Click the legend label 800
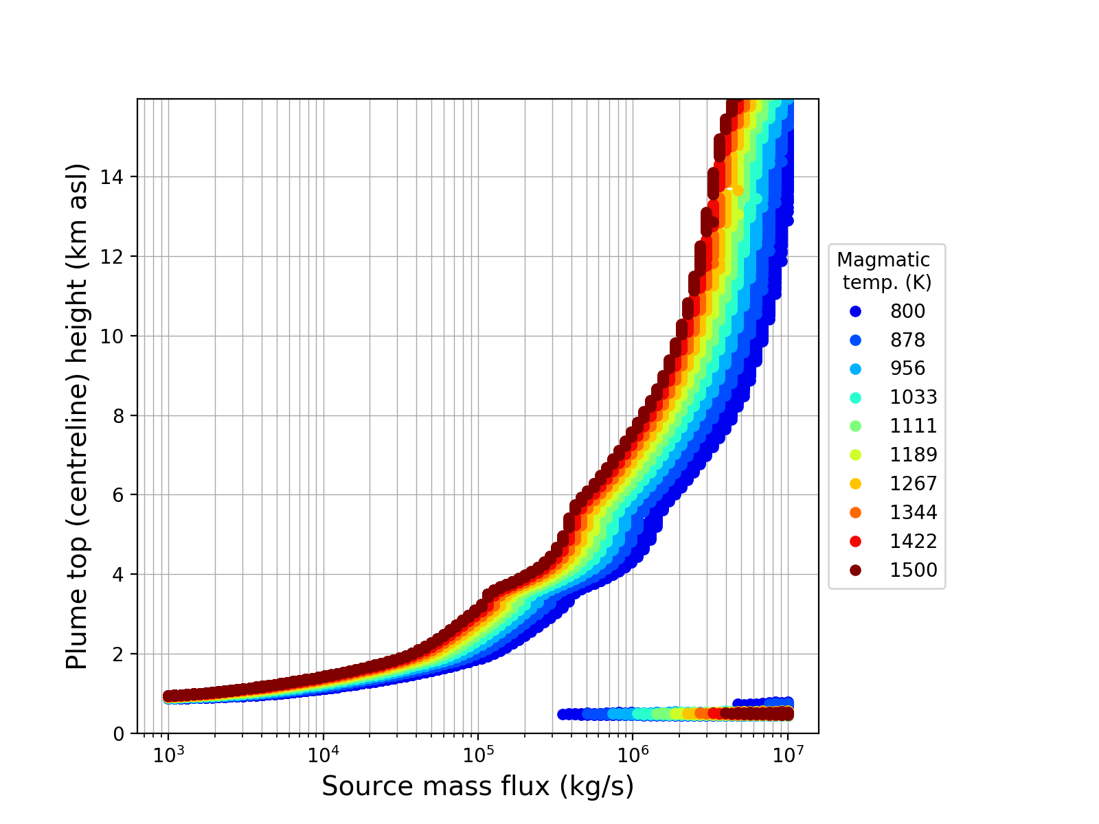coord(907,311)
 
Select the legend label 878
coord(907,340)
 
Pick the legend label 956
coord(907,369)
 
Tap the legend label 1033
coord(914,398)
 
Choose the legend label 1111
coord(914,426)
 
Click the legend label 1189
coord(914,455)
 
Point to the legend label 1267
coord(914,484)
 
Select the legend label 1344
coord(914,513)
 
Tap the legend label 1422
coord(914,542)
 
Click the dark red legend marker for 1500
coord(855,571)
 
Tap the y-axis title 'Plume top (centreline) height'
coord(78,415)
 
